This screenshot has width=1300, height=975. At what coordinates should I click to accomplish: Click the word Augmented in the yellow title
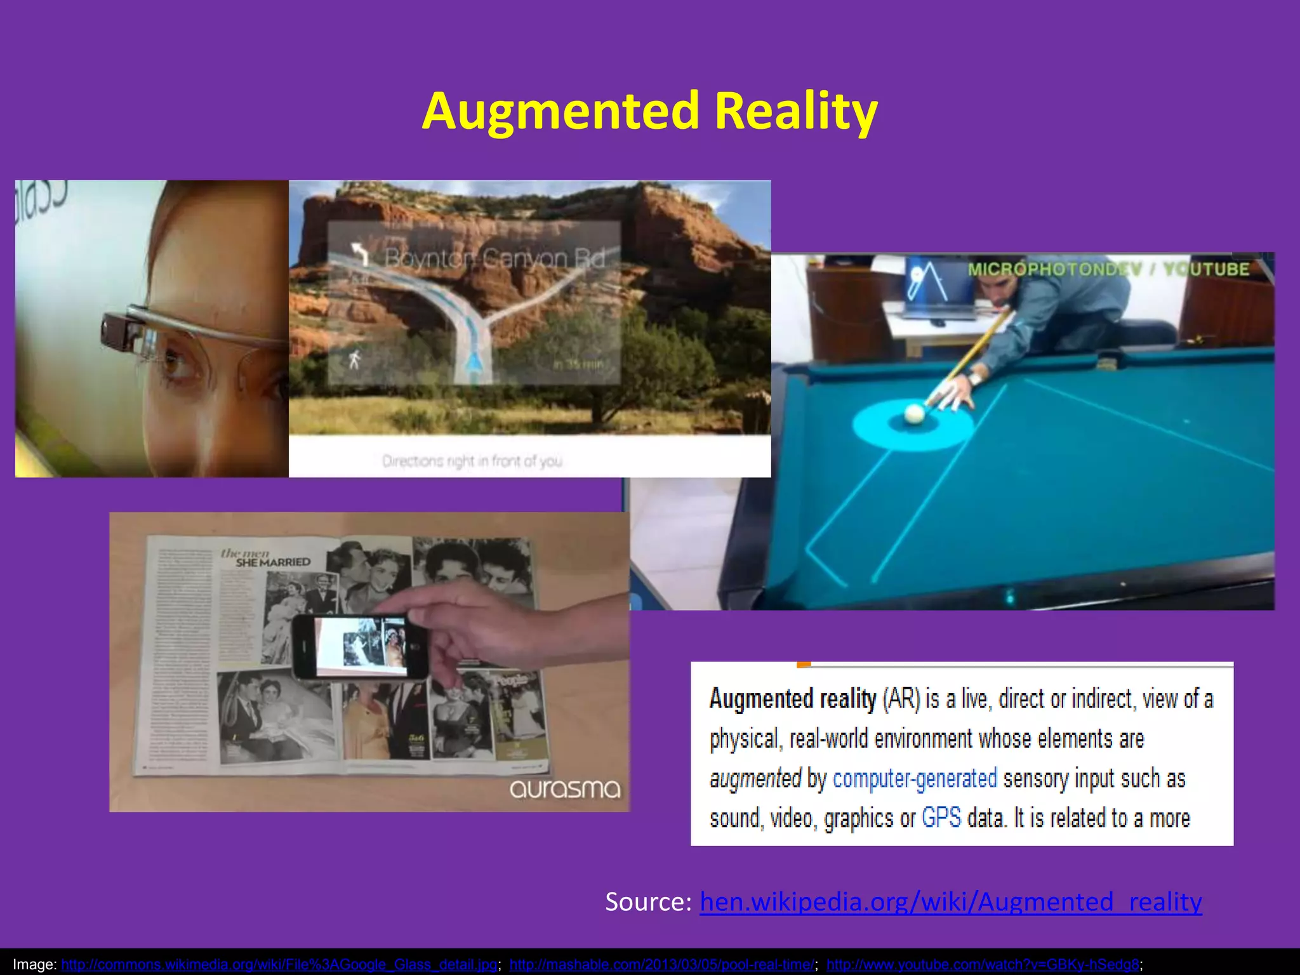pos(560,111)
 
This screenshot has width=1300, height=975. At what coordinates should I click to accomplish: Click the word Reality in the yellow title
pos(796,111)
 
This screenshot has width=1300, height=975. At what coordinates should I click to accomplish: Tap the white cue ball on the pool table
pos(915,414)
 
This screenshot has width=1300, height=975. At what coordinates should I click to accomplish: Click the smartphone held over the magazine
pos(361,647)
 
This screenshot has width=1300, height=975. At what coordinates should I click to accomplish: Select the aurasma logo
pos(564,789)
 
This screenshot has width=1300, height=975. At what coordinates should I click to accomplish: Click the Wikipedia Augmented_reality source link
pos(950,901)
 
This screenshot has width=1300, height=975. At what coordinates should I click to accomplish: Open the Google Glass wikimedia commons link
pos(279,965)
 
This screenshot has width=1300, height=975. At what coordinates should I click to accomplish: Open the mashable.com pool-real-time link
pos(662,965)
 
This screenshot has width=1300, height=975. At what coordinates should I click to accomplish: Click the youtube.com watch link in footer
pos(983,965)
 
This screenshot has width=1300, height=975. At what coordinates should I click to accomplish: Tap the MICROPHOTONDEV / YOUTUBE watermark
pos(1108,269)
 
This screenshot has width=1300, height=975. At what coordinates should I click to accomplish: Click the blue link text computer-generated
pos(914,778)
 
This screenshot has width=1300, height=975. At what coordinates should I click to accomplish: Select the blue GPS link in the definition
pos(941,818)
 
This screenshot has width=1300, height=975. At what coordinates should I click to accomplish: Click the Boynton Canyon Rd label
pos(494,258)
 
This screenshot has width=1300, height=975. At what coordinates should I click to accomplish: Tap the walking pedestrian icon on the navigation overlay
pos(354,360)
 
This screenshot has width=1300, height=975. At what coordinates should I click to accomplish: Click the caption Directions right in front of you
pos(472,461)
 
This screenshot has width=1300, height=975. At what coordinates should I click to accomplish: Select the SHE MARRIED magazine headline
pos(272,562)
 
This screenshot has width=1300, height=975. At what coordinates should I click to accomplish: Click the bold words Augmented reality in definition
pos(792,699)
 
